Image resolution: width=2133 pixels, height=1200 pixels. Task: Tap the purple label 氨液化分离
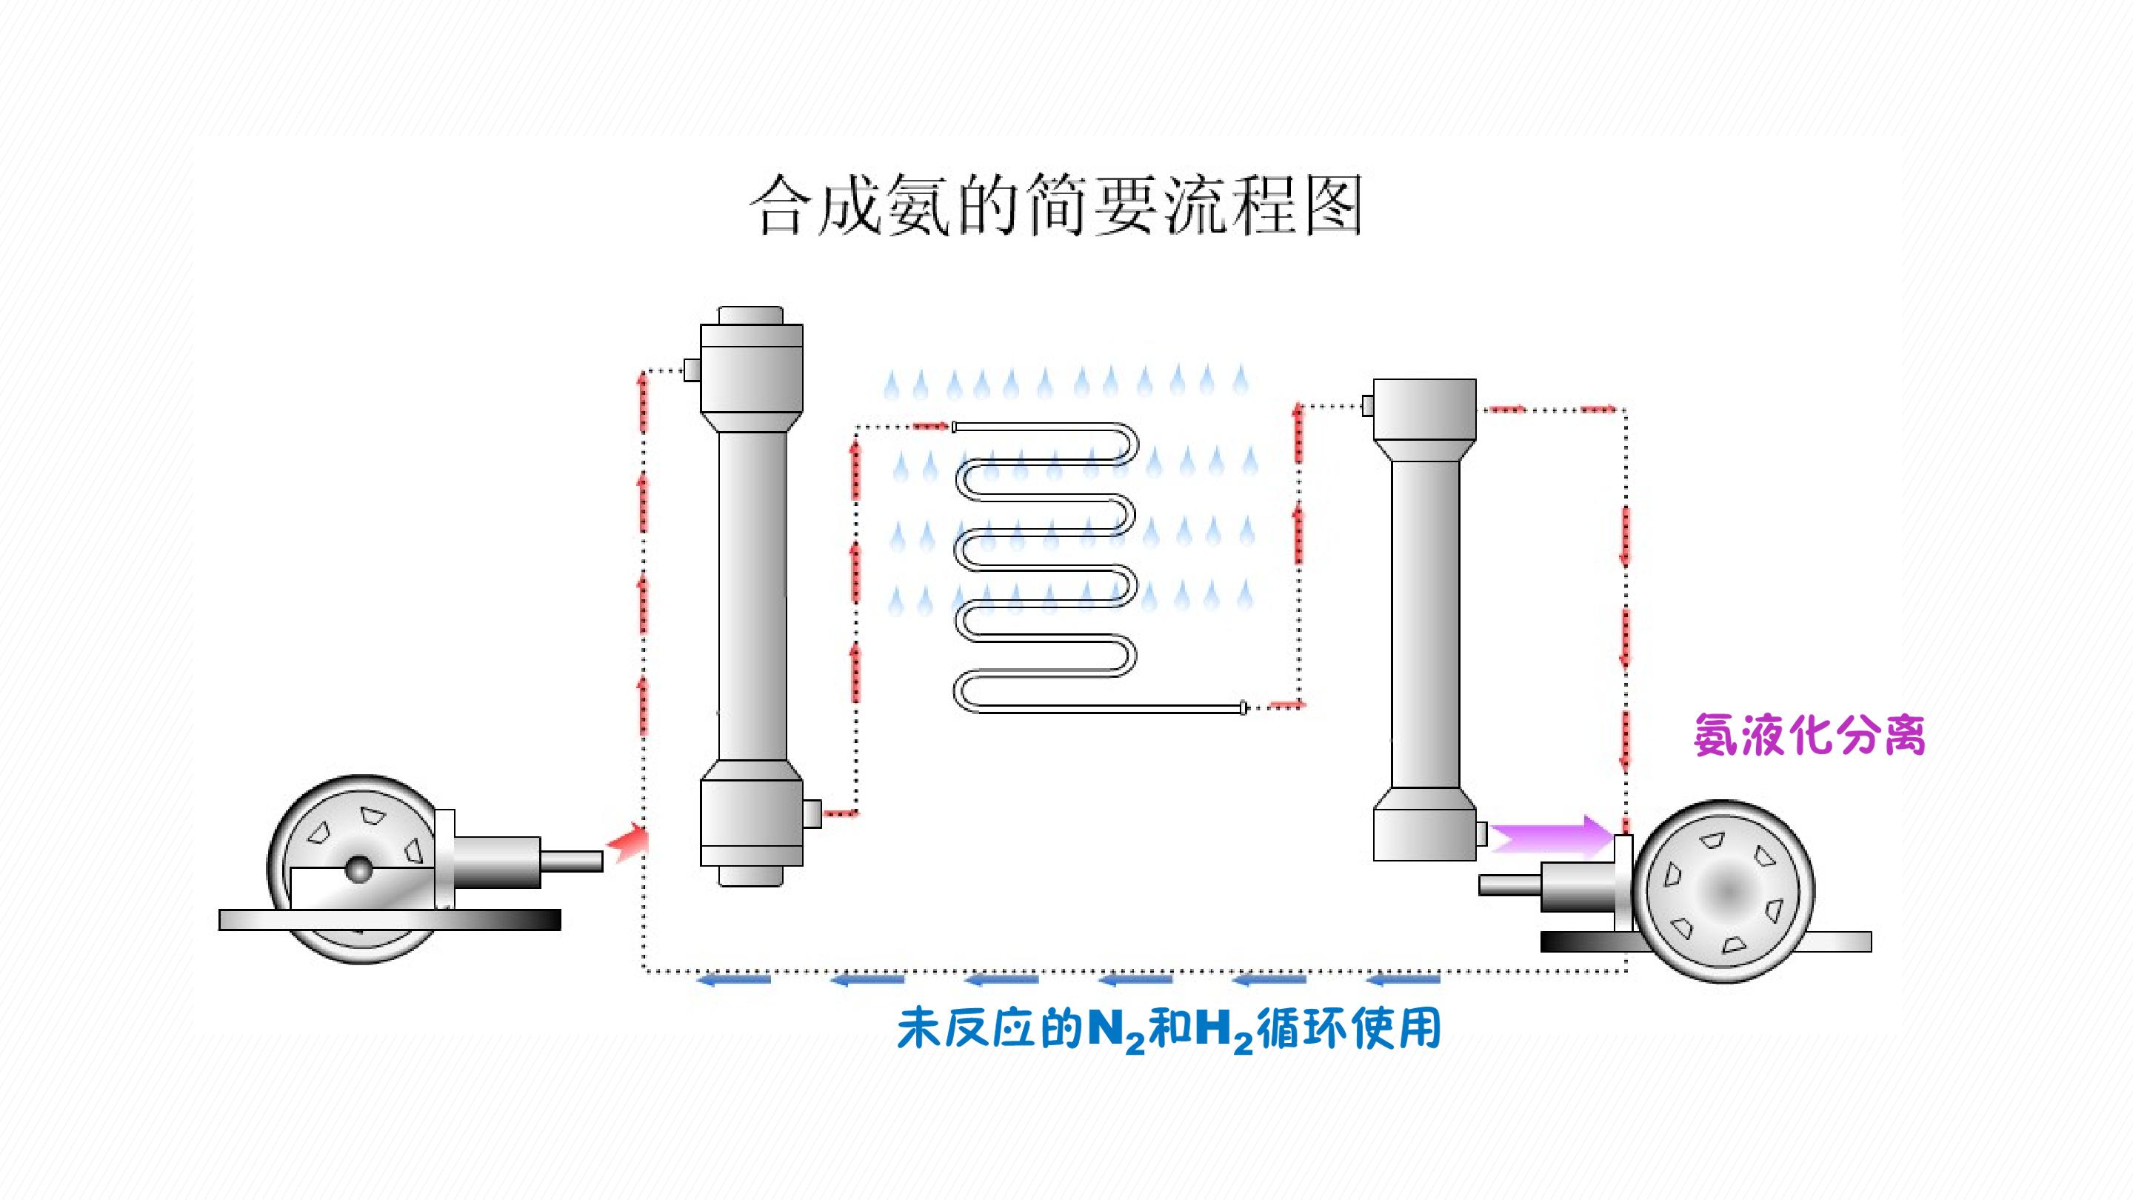1809,735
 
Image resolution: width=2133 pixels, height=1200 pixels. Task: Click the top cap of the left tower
751,316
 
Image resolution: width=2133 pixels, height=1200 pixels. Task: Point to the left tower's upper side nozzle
692,370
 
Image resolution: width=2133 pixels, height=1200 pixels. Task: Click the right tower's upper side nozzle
1367,405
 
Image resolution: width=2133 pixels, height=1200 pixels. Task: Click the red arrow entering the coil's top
932,427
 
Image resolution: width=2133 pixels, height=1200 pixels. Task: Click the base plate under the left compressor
389,919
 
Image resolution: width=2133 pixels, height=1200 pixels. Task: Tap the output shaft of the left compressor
571,861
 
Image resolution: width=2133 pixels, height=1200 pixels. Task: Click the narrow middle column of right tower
1424,624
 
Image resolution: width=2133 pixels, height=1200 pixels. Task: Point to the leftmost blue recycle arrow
735,981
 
